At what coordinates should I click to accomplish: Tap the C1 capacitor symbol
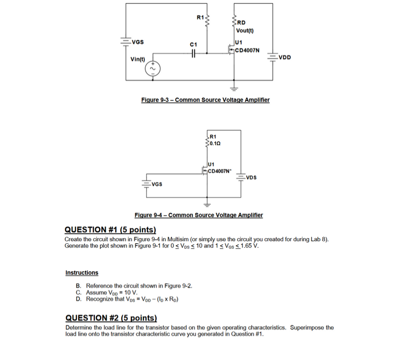tap(194, 54)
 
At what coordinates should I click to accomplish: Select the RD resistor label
tap(242, 22)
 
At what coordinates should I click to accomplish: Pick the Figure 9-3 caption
tap(205, 100)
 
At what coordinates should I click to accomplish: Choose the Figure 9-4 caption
tap(198, 215)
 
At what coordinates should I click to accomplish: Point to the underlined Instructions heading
tap(82, 273)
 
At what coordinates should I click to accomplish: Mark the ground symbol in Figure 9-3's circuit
tap(234, 89)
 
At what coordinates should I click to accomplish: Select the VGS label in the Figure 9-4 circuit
tap(157, 184)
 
